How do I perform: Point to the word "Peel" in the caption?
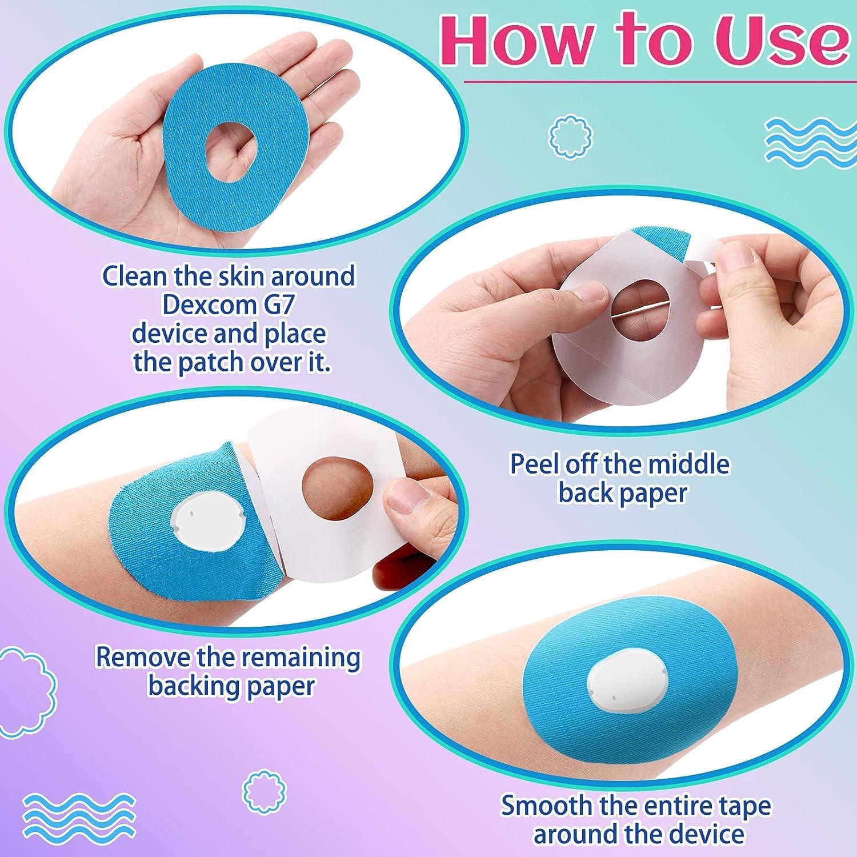pyautogui.click(x=534, y=463)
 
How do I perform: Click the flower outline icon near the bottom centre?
pyautogui.click(x=264, y=790)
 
